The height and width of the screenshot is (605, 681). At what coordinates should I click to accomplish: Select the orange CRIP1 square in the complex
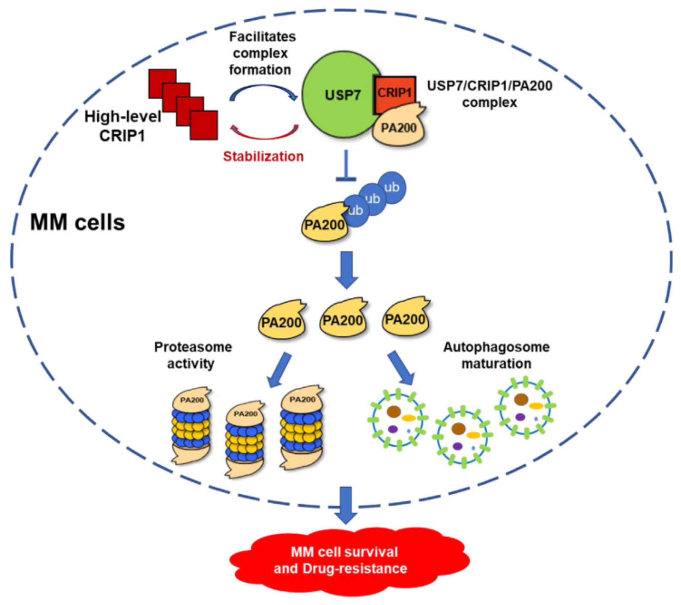pyautogui.click(x=395, y=93)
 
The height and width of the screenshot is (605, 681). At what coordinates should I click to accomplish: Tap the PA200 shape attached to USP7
pyautogui.click(x=399, y=128)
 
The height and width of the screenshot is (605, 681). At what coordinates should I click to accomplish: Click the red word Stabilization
pyautogui.click(x=263, y=157)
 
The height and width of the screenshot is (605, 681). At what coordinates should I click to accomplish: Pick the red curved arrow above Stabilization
pyautogui.click(x=264, y=133)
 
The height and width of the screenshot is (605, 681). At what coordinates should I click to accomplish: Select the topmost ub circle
pyautogui.click(x=392, y=187)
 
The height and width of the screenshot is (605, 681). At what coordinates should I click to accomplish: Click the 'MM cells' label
pyautogui.click(x=78, y=222)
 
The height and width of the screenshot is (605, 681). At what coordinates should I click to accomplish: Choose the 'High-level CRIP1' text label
pyautogui.click(x=122, y=126)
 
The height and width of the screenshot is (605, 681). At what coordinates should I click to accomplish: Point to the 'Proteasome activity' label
pyautogui.click(x=193, y=355)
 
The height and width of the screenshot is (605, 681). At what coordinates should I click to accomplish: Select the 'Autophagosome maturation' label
pyautogui.click(x=496, y=355)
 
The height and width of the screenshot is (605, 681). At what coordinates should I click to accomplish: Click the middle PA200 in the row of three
pyautogui.click(x=342, y=320)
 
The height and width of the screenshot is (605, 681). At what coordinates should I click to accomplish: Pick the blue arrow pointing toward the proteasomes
pyautogui.click(x=280, y=369)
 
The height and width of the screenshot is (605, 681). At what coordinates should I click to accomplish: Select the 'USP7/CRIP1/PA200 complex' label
pyautogui.click(x=490, y=94)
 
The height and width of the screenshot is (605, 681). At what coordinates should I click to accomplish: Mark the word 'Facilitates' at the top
pyautogui.click(x=263, y=37)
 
